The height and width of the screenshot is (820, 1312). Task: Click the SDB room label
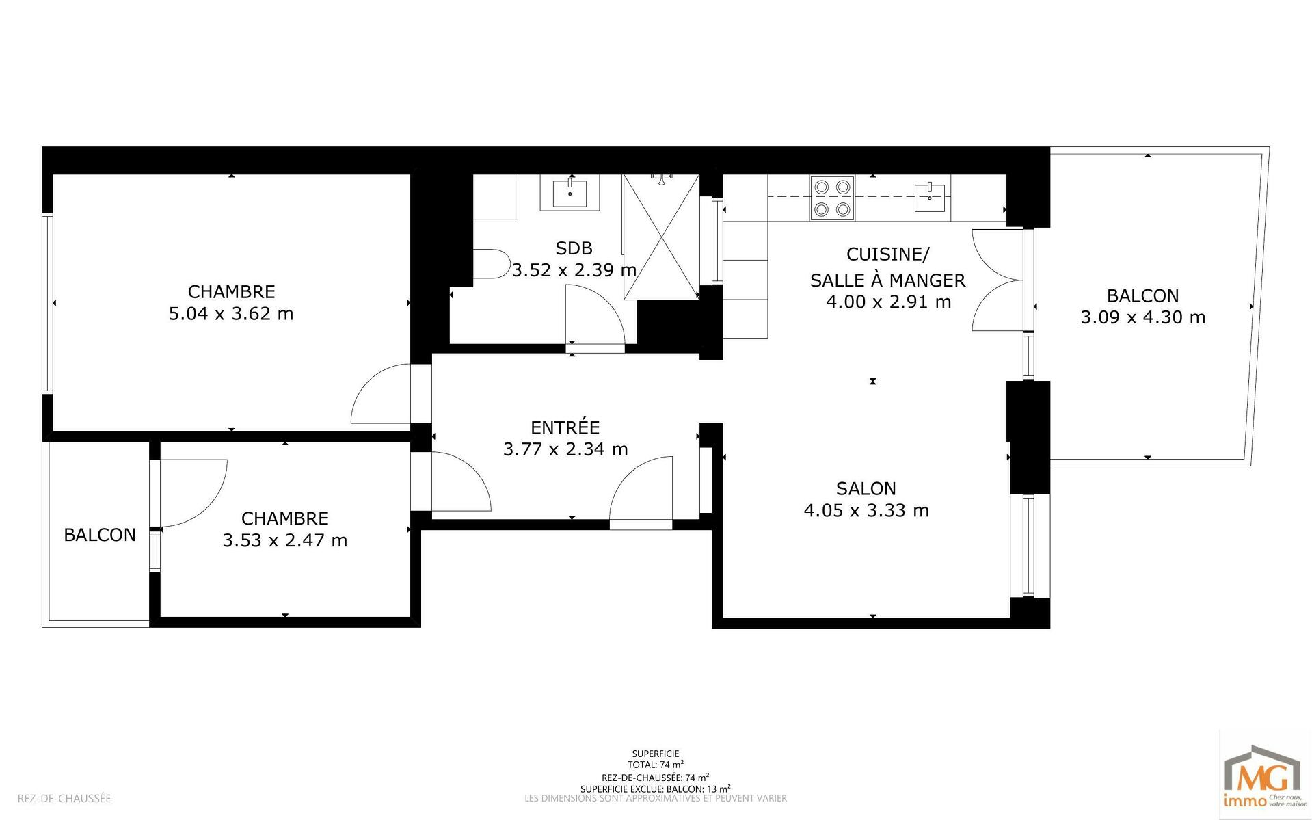(x=574, y=248)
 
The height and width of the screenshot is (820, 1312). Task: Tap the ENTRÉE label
(x=565, y=427)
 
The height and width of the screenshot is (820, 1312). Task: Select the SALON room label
(x=866, y=488)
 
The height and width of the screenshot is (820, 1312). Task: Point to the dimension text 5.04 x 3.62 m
(x=231, y=314)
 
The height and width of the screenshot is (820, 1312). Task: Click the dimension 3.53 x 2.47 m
(x=285, y=540)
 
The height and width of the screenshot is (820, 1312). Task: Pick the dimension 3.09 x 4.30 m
(x=1142, y=317)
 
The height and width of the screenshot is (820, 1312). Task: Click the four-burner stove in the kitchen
(x=832, y=198)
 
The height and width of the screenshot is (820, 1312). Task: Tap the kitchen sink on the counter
(x=931, y=198)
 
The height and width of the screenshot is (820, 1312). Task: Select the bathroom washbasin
(x=570, y=192)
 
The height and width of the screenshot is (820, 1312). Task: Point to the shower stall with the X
(x=661, y=237)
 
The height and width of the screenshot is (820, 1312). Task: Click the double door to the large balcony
(x=998, y=280)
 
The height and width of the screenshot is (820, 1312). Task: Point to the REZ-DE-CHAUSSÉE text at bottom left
(x=64, y=798)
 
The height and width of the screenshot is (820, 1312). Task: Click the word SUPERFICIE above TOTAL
(x=656, y=754)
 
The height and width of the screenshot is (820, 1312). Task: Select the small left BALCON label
(x=100, y=535)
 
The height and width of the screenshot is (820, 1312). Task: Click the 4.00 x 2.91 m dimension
(x=888, y=302)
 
